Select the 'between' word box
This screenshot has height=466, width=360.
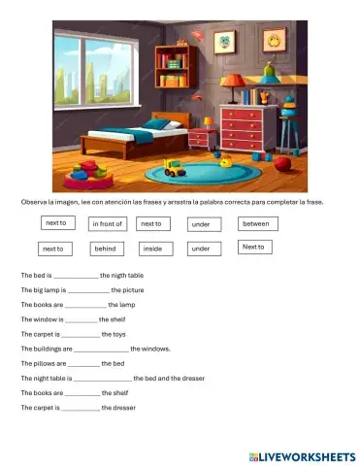coord(258,223)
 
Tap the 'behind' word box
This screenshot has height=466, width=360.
coord(106,249)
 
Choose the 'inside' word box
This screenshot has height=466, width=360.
coord(152,249)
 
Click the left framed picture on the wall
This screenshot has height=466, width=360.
coord(226,43)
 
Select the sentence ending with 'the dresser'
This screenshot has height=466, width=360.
coord(78,408)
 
